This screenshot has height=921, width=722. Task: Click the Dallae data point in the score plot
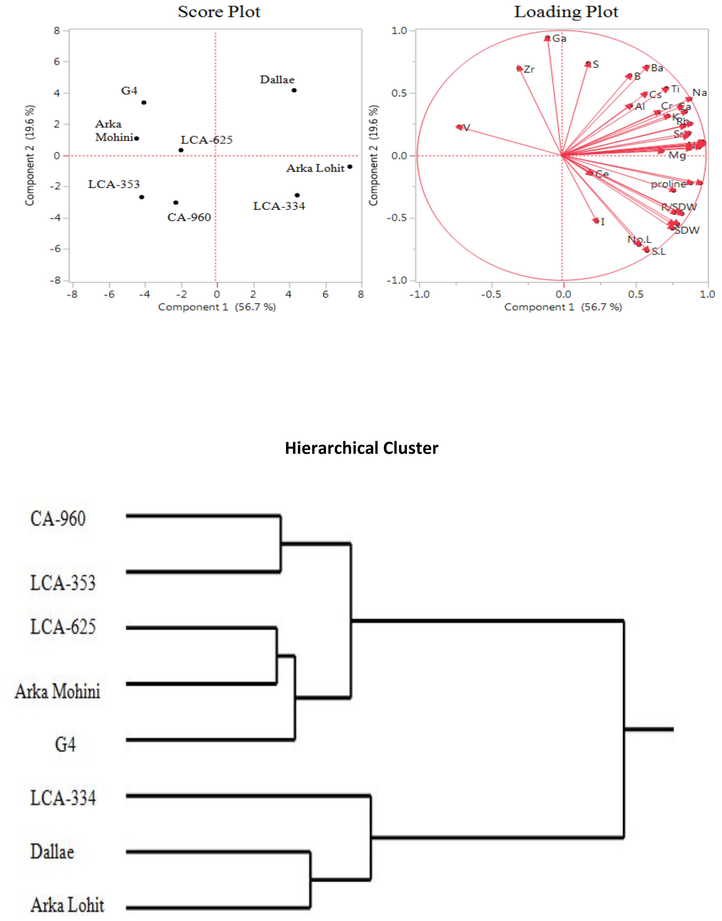294,90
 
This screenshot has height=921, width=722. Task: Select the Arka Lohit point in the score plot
350,167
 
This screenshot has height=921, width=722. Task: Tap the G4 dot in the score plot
144,102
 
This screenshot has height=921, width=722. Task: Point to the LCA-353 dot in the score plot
142,197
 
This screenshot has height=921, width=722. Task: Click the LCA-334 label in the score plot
279,206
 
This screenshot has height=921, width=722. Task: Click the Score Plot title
219,12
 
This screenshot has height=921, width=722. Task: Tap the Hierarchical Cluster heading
361,448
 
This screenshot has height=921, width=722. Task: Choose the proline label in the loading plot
668,184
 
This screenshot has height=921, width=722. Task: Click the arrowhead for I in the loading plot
596,220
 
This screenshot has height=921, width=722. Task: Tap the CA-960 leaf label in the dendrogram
58,519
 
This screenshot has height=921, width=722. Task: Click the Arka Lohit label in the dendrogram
67,905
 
